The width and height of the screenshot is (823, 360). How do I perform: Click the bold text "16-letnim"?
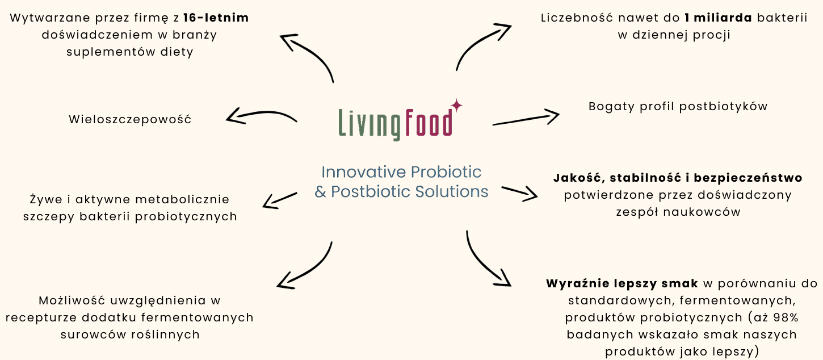pyautogui.click(x=216, y=18)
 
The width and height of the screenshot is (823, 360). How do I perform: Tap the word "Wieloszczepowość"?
pyautogui.click(x=130, y=119)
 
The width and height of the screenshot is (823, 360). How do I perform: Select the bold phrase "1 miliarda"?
pyautogui.click(x=719, y=18)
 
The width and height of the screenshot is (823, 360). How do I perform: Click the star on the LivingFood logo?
pyautogui.click(x=457, y=105)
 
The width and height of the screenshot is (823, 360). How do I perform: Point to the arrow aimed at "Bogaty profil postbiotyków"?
pyautogui.click(x=526, y=119)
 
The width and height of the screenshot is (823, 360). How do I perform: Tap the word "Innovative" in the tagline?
pyautogui.click(x=364, y=171)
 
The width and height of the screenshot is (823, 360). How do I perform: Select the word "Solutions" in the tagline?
pyautogui.click(x=452, y=191)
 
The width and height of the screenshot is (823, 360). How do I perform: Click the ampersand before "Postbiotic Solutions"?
pyautogui.click(x=320, y=192)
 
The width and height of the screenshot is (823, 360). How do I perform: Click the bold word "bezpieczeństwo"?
pyautogui.click(x=748, y=178)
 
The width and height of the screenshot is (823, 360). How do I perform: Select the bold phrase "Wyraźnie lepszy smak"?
pyautogui.click(x=622, y=283)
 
